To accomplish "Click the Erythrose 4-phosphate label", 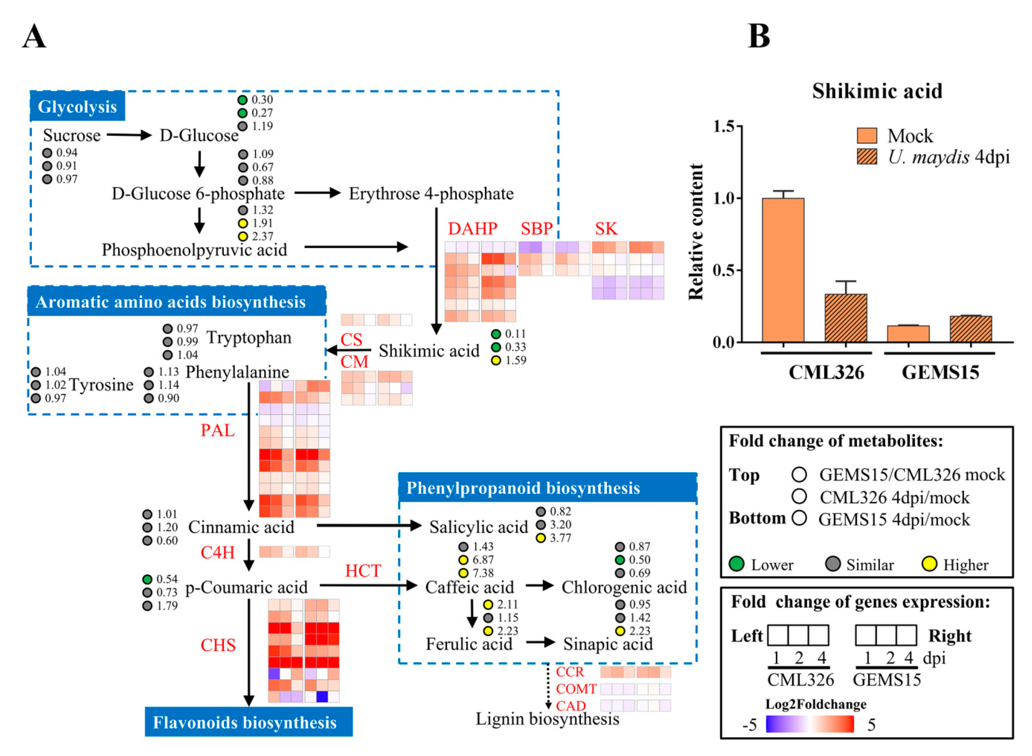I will coord(431,194).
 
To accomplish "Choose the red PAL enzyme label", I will coord(218,430).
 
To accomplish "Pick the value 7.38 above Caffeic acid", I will coord(483,573).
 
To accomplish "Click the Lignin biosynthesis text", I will coord(547,719).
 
